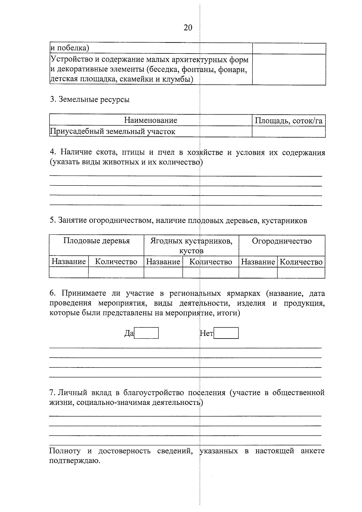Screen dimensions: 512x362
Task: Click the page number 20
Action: click(x=188, y=28)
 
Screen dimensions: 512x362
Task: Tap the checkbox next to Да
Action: click(x=146, y=333)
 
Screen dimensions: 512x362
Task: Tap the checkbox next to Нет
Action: click(x=226, y=333)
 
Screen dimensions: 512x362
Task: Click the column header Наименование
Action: click(x=151, y=120)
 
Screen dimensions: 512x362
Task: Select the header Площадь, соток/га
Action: click(x=288, y=121)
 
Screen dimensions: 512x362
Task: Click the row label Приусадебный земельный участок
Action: click(x=113, y=132)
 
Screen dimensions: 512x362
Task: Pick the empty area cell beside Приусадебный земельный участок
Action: click(x=288, y=132)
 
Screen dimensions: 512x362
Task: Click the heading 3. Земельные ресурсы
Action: click(x=90, y=99)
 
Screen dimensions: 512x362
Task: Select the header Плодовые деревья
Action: click(x=97, y=241)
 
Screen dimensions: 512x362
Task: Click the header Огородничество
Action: click(x=282, y=241)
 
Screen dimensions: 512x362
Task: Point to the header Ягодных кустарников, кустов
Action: click(x=191, y=246)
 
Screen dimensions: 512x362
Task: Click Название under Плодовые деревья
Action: click(x=69, y=262)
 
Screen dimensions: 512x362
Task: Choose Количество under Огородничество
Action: click(x=301, y=262)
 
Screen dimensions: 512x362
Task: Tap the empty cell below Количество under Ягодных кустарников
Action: click(x=210, y=273)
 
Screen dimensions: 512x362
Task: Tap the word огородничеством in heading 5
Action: click(x=120, y=221)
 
